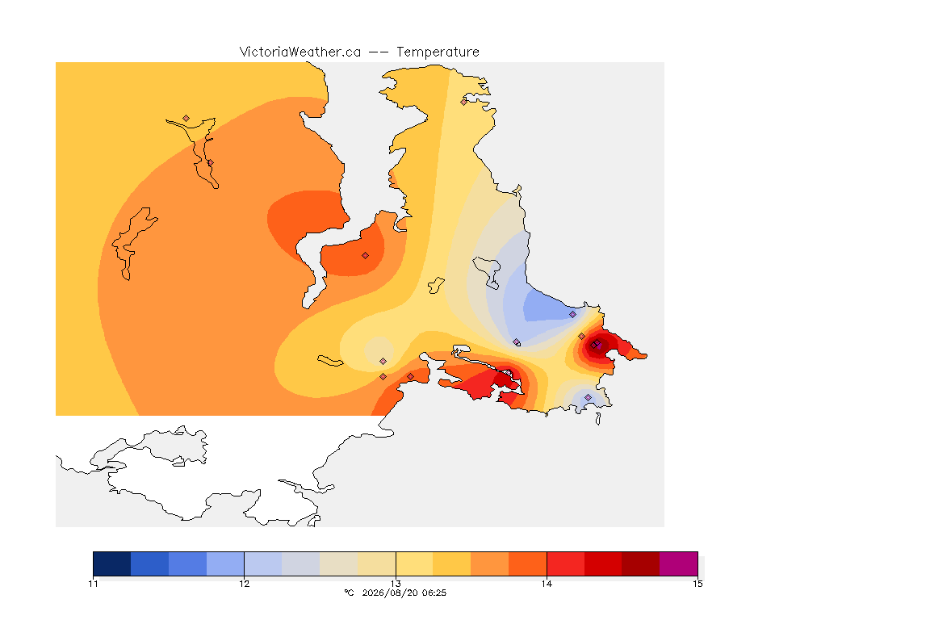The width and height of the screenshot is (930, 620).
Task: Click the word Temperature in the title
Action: (x=438, y=52)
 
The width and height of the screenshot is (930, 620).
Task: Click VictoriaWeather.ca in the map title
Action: (x=300, y=52)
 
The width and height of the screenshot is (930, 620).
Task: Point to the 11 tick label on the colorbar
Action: (x=93, y=584)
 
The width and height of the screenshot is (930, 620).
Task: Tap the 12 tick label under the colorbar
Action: (x=245, y=584)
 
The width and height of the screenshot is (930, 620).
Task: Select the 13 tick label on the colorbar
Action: (x=396, y=584)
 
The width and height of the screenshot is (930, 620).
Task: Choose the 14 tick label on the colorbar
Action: (x=547, y=584)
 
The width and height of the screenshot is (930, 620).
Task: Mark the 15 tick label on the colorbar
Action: (x=698, y=584)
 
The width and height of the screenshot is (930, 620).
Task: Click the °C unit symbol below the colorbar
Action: (x=350, y=593)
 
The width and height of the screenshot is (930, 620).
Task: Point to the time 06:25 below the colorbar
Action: (x=434, y=593)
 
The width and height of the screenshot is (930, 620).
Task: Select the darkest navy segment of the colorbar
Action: (x=112, y=563)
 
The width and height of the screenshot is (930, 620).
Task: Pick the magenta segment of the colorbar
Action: (x=678, y=563)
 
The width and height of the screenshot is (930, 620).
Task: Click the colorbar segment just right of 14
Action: (x=566, y=563)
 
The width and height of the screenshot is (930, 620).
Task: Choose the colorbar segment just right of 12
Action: (x=263, y=563)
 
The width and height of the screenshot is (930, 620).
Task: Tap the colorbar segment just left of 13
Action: (x=377, y=563)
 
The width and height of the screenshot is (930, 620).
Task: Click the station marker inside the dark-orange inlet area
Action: (x=366, y=256)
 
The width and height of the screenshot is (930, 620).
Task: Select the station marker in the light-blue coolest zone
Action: (x=572, y=315)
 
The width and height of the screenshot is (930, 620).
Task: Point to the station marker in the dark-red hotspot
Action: (x=596, y=344)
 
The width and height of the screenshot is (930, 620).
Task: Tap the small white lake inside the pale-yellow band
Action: (x=437, y=285)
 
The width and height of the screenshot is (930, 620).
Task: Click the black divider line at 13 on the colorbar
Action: (x=396, y=563)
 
